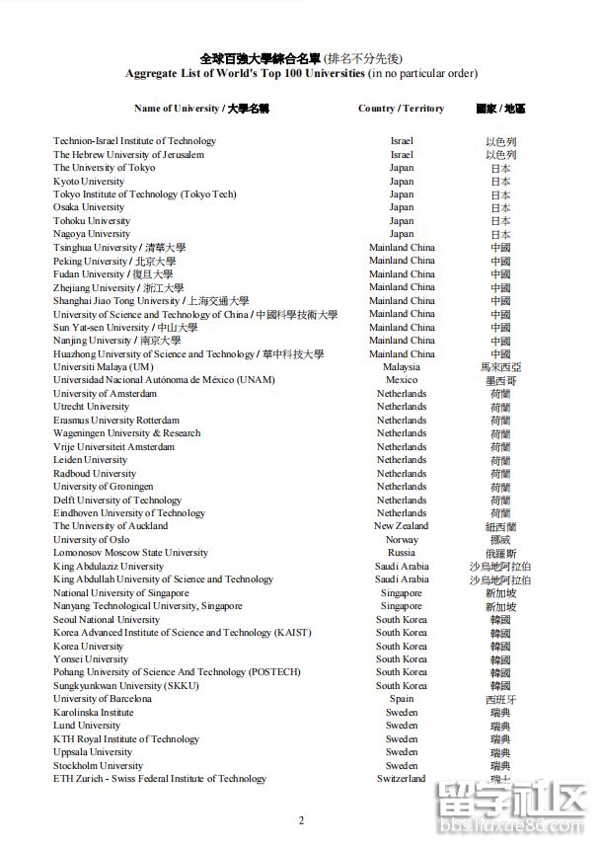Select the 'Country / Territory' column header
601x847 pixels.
point(401,109)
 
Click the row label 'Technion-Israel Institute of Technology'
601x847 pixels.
point(134,141)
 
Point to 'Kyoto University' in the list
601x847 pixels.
point(89,182)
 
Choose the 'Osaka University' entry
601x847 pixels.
point(89,207)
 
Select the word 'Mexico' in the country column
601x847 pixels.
point(402,380)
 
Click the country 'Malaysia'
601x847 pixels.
point(402,367)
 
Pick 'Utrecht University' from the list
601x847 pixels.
point(91,407)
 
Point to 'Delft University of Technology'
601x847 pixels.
point(117,500)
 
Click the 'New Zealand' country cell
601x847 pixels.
point(402,526)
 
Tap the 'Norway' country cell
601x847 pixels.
point(402,540)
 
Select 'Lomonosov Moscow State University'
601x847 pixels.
point(130,553)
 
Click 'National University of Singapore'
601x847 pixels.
point(120,593)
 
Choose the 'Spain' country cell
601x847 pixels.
point(402,699)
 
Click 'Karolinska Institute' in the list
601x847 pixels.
point(93,712)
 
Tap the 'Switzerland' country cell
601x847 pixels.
point(402,779)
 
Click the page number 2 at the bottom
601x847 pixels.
point(302,820)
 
